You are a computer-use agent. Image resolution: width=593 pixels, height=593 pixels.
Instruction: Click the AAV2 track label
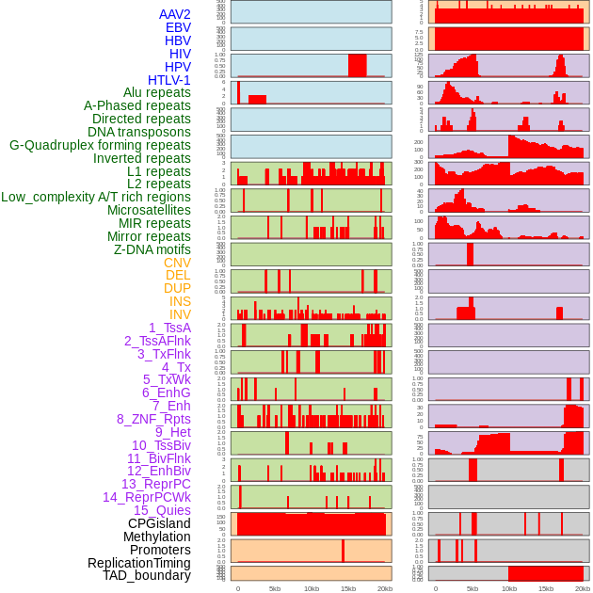174,14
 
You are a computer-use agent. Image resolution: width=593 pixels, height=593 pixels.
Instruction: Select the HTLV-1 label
168,80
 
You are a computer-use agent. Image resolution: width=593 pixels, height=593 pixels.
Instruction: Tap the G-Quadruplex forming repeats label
100,145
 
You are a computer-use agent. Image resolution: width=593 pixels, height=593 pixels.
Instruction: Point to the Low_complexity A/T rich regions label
96,197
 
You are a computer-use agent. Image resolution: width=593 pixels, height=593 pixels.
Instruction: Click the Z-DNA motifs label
152,249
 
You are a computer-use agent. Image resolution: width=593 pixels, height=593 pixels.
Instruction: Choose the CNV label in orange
177,263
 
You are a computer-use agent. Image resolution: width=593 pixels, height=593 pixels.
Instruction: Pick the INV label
180,314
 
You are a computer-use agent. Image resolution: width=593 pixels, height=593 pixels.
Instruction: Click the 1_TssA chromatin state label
169,328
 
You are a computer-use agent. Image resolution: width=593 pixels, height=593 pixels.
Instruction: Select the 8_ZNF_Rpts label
153,419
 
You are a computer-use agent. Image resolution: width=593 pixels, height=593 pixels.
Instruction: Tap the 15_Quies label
161,510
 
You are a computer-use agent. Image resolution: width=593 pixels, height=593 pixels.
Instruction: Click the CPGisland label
159,523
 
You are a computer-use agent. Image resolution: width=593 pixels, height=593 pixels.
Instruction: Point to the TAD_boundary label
146,575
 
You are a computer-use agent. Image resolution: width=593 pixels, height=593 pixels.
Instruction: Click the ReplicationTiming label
139,563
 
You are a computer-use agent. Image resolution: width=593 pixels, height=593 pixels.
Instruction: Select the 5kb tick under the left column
275,588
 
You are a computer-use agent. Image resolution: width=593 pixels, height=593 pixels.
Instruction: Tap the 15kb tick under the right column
546,588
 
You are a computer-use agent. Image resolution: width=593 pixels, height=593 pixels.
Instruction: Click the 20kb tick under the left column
384,588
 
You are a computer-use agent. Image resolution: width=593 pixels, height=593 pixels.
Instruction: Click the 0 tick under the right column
435,588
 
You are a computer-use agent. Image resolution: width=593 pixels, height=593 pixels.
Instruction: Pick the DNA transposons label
139,132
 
